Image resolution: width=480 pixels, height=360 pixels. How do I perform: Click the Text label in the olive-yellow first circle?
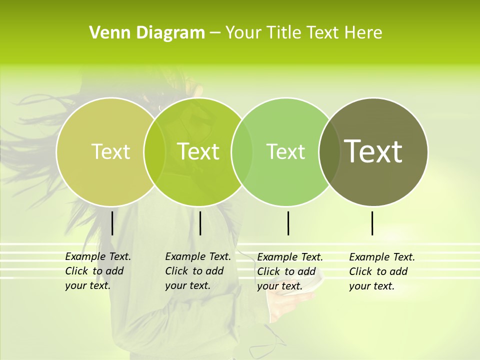click(x=110, y=151)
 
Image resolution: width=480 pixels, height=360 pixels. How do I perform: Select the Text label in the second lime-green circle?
click(x=198, y=151)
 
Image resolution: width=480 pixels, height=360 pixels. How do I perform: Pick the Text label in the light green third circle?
click(x=286, y=151)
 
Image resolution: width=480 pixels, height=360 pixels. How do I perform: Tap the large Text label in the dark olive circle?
click(x=373, y=151)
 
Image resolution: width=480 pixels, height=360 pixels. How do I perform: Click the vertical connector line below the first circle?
click(x=112, y=223)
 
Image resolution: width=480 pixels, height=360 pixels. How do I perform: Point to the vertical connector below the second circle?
click(x=200, y=223)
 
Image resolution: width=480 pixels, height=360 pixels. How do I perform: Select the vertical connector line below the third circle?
click(x=288, y=223)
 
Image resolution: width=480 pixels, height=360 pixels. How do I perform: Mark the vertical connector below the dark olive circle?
click(x=372, y=223)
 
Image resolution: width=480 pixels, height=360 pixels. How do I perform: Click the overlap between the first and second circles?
click(x=154, y=151)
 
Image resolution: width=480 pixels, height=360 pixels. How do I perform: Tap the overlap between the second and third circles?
click(x=242, y=151)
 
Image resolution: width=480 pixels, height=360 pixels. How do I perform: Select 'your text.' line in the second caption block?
click(x=187, y=285)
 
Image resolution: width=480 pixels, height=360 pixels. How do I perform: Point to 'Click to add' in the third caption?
click(x=286, y=271)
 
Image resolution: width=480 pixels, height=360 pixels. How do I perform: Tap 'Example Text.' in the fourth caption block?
click(x=382, y=257)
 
